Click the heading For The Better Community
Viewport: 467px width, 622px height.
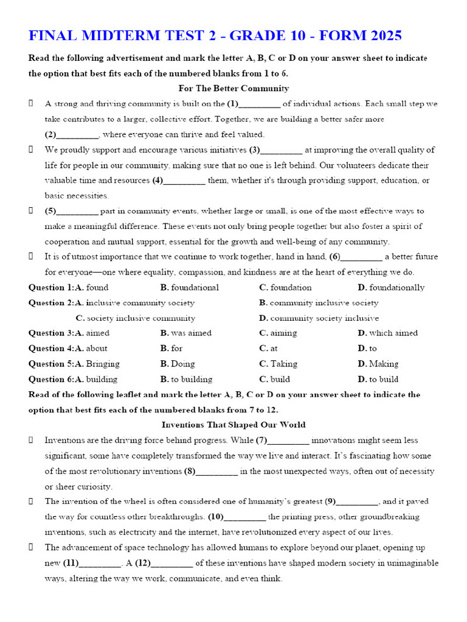pyautogui.click(x=233, y=88)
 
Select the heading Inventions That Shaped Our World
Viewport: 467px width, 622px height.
pyautogui.click(x=233, y=425)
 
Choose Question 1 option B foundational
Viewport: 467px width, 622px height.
pyautogui.click(x=189, y=287)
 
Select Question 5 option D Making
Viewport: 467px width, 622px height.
pyautogui.click(x=378, y=364)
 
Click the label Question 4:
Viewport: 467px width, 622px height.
pyautogui.click(x=49, y=348)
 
